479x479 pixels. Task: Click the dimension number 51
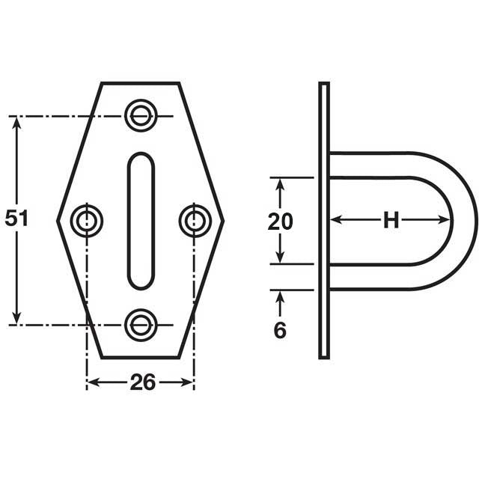pyautogui.click(x=16, y=219)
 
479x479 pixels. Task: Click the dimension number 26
pyautogui.click(x=142, y=382)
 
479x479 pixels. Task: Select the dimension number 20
pyautogui.click(x=281, y=221)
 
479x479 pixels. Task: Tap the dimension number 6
pyautogui.click(x=280, y=330)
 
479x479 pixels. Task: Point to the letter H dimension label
pyautogui.click(x=391, y=220)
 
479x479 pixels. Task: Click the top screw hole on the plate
pyautogui.click(x=140, y=115)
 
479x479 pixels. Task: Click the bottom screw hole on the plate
pyautogui.click(x=140, y=324)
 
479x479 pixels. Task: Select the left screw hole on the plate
pyautogui.click(x=87, y=220)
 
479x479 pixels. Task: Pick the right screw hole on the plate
pyautogui.click(x=195, y=220)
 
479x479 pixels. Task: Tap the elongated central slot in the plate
pyautogui.click(x=141, y=220)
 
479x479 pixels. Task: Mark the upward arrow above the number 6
pyautogui.click(x=280, y=298)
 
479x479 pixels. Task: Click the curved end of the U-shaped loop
pyautogui.click(x=464, y=220)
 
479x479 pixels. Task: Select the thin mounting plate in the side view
pyautogui.click(x=323, y=220)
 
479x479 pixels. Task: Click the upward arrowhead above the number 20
pyautogui.click(x=280, y=184)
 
